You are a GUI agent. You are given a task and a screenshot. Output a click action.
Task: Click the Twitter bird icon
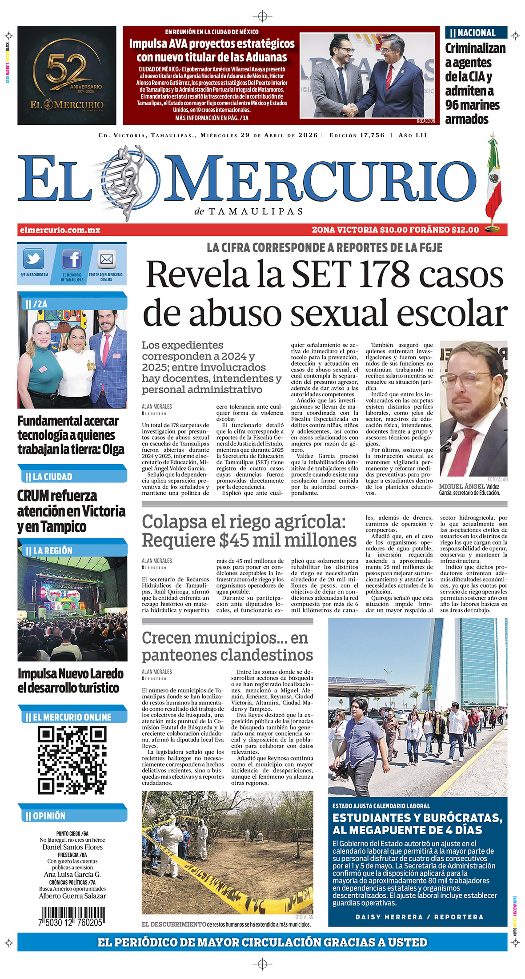[34, 259]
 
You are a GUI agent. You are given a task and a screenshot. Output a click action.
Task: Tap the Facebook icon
[72, 259]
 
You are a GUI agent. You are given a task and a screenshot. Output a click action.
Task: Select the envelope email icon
[107, 259]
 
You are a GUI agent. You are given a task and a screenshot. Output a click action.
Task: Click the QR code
[72, 760]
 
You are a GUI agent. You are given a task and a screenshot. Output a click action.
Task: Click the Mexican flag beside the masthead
[493, 178]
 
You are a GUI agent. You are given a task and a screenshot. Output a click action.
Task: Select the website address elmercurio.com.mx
[60, 230]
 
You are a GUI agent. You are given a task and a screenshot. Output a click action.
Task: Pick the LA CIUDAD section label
[52, 477]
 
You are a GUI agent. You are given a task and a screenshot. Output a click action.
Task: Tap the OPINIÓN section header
[49, 816]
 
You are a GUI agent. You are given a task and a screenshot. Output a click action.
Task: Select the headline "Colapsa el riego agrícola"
[244, 522]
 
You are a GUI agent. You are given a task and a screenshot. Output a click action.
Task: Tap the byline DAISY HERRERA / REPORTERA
[419, 917]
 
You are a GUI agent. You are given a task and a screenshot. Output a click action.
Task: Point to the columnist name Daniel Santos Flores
[72, 847]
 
